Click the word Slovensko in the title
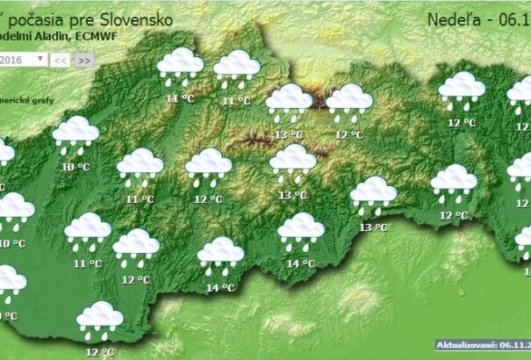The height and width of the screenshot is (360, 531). coord(135,18)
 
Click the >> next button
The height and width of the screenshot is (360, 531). coord(83,60)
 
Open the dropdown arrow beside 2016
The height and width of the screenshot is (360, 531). coord(41,59)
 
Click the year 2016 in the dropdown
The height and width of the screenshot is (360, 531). coord(12,59)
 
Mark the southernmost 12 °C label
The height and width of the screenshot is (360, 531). coord(99,351)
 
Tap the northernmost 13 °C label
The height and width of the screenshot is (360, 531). coord(289,135)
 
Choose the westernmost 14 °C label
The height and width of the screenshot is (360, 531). coord(219,287)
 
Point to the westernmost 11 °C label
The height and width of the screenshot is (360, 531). coord(87,263)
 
